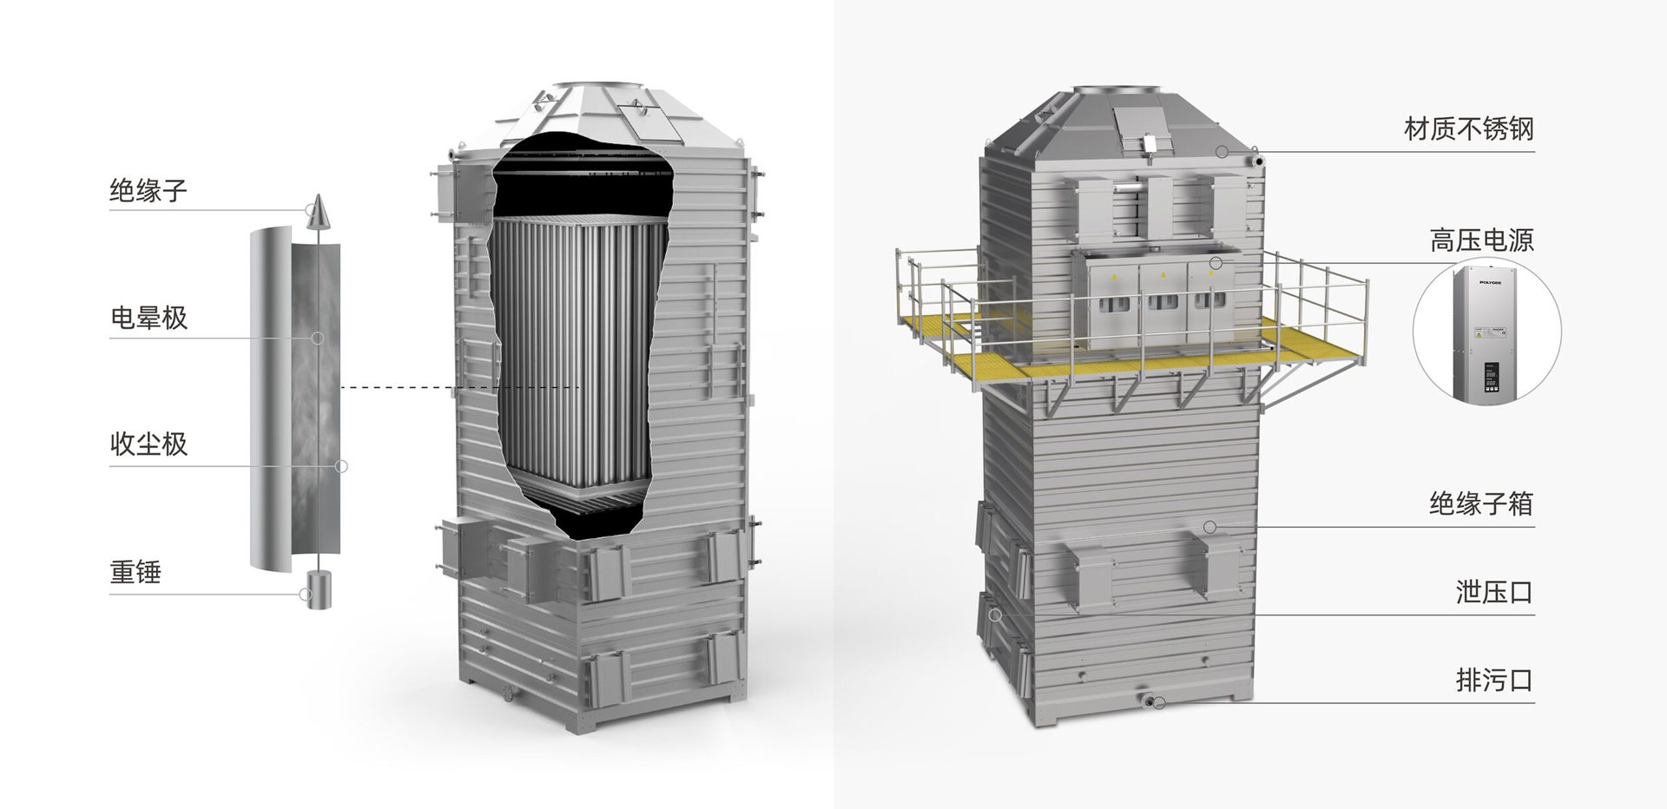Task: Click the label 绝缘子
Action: (x=148, y=190)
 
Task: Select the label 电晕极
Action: (x=148, y=318)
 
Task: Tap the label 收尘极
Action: (x=148, y=444)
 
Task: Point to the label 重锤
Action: (x=135, y=572)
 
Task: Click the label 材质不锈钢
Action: (x=1469, y=129)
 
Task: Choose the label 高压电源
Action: (x=1482, y=240)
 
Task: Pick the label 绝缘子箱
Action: (x=1482, y=503)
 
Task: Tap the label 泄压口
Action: (x=1495, y=593)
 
